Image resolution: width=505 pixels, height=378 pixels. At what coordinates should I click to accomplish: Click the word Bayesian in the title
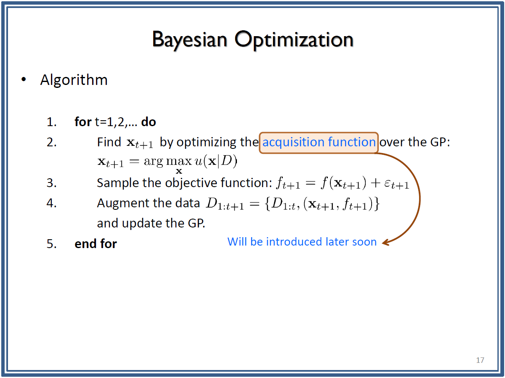(189, 40)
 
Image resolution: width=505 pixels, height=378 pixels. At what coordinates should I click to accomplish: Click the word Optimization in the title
(294, 40)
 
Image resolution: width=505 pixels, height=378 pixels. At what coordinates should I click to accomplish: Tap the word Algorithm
(74, 80)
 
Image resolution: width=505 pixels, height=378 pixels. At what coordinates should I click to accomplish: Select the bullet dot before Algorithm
(24, 79)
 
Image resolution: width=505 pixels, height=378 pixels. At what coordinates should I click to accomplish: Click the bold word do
(149, 122)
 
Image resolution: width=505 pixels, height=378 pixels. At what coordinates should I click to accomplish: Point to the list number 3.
(51, 183)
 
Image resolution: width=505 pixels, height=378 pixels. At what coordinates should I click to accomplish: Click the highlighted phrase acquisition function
(319, 142)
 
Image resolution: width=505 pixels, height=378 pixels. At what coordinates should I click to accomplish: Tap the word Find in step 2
(109, 142)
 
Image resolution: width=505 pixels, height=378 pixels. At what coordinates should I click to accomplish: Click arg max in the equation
(168, 162)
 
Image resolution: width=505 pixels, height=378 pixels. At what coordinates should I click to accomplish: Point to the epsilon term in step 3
(397, 184)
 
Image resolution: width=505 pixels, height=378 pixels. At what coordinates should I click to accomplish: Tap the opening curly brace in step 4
(267, 204)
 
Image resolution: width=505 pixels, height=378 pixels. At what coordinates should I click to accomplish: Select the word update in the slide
(141, 224)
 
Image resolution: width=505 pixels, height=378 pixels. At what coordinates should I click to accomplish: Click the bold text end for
(96, 243)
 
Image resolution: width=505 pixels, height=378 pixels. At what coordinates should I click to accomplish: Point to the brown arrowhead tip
(382, 243)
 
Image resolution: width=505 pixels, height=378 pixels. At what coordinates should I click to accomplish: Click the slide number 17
(480, 360)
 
